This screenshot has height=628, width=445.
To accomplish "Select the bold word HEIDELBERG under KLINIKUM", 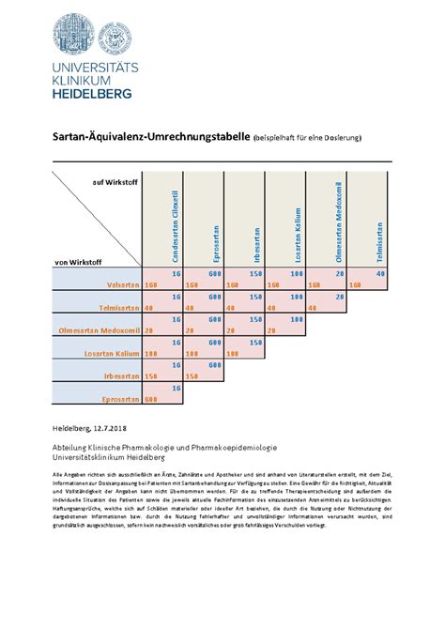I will pos(90,93).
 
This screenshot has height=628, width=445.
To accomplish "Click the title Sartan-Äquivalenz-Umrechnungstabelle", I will pos(150,138).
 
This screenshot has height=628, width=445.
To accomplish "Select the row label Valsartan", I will pos(123,283).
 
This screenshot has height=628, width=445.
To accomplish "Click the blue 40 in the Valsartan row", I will pos(379,273).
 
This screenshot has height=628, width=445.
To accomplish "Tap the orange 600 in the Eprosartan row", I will pos(150,399).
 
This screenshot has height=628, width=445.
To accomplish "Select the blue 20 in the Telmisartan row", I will pos(339,296).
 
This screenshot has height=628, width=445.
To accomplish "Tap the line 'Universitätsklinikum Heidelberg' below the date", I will pos(108,458).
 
